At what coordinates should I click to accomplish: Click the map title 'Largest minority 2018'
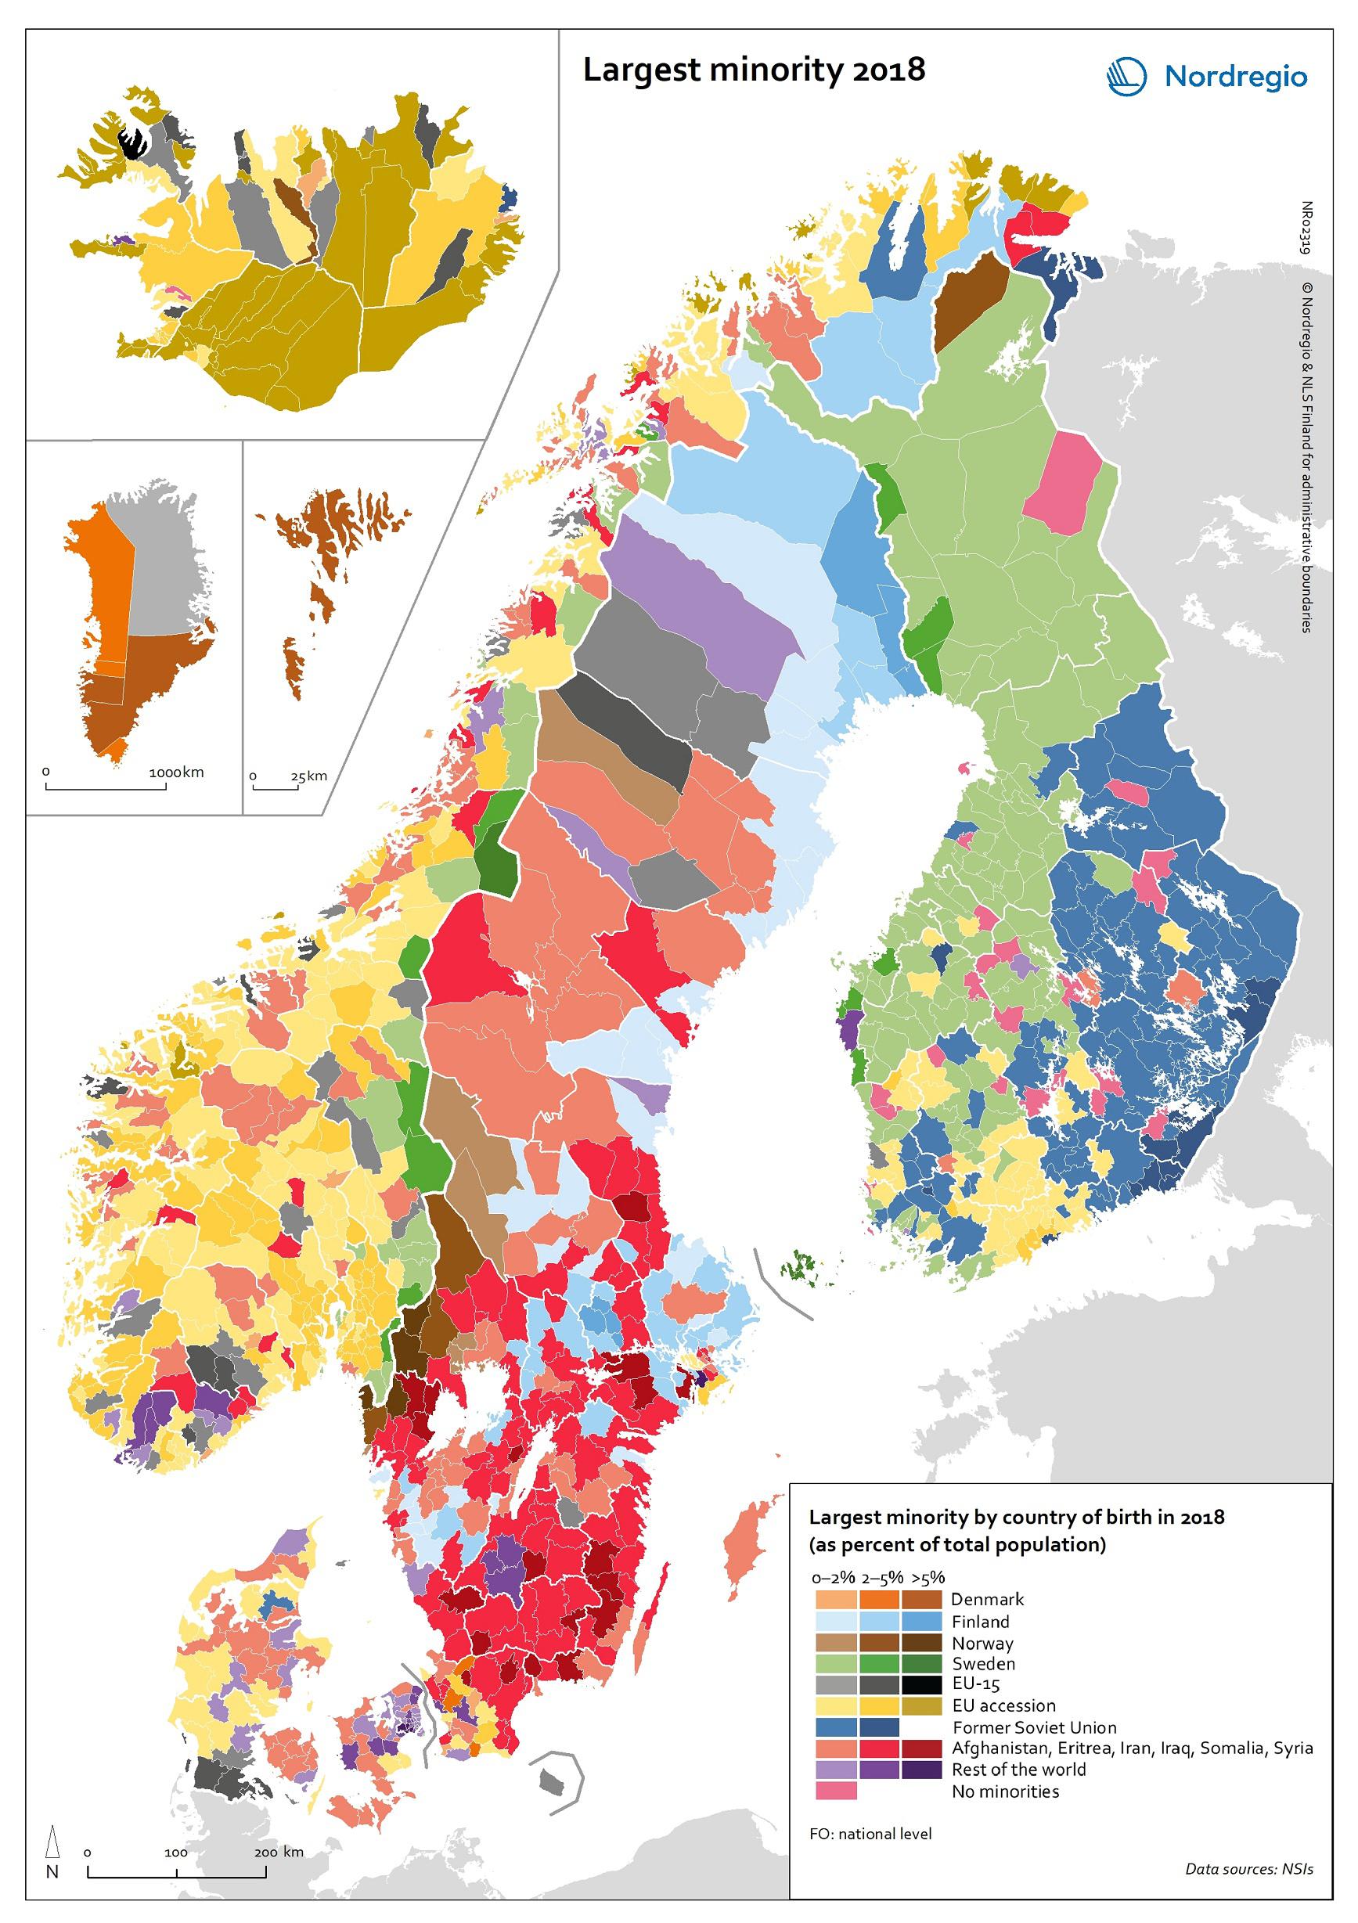(x=753, y=70)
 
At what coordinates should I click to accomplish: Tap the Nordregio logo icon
(x=1127, y=77)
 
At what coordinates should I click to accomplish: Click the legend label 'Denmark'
(x=987, y=1599)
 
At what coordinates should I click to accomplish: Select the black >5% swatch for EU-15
(x=921, y=1684)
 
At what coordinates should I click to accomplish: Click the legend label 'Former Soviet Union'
(x=1034, y=1727)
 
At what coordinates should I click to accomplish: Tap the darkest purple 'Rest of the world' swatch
(x=921, y=1770)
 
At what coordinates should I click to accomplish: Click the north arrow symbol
(x=52, y=1842)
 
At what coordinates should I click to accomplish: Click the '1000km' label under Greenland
(x=176, y=772)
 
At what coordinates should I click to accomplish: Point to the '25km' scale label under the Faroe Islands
(x=308, y=776)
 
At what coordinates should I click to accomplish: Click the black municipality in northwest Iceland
(x=131, y=142)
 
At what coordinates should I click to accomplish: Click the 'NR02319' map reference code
(x=1306, y=227)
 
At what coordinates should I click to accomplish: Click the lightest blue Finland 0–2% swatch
(x=835, y=1621)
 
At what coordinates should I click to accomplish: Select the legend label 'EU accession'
(x=1003, y=1705)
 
